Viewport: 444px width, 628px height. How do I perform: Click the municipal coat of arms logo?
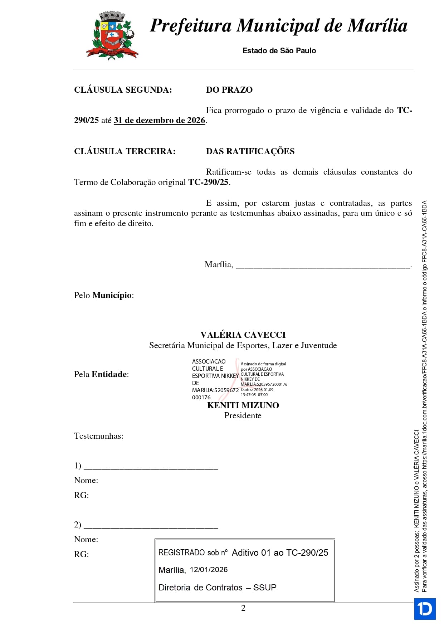(112, 35)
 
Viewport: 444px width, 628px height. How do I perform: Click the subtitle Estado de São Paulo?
(279, 51)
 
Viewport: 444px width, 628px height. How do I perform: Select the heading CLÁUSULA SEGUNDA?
(123, 90)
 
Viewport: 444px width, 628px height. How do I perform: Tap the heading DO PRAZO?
(229, 90)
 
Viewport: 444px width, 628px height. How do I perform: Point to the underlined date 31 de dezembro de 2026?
(159, 121)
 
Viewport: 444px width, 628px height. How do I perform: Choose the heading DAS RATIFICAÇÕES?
(250, 151)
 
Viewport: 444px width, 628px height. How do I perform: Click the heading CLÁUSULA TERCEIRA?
(125, 151)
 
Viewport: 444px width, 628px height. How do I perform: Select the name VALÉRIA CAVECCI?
(243, 335)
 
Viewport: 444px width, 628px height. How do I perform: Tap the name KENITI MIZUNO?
(243, 405)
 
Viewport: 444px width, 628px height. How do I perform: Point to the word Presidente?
(243, 416)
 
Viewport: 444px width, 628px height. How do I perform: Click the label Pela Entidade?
(101, 375)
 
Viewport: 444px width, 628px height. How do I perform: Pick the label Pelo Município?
(104, 296)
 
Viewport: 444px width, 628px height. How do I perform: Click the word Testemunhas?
(99, 436)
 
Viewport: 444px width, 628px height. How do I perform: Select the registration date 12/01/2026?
(209, 570)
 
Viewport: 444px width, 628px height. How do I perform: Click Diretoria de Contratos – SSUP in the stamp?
(218, 588)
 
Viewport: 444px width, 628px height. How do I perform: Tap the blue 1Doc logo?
(425, 609)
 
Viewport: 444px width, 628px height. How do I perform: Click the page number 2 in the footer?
(243, 608)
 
